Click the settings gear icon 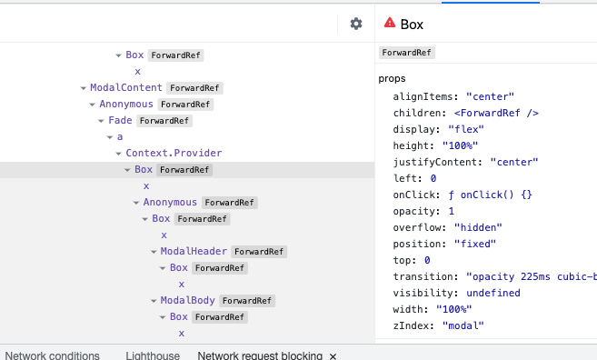point(356,25)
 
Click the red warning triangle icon point(390,24)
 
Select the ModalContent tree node point(126,88)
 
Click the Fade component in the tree point(120,120)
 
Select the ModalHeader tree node point(194,251)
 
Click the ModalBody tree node point(188,300)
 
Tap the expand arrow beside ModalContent point(84,88)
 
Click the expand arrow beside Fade point(102,120)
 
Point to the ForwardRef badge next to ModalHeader point(259,251)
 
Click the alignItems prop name point(427,95)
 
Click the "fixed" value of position point(477,244)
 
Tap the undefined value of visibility point(493,293)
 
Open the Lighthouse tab point(153,355)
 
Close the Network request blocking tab point(333,355)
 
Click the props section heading point(392,79)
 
